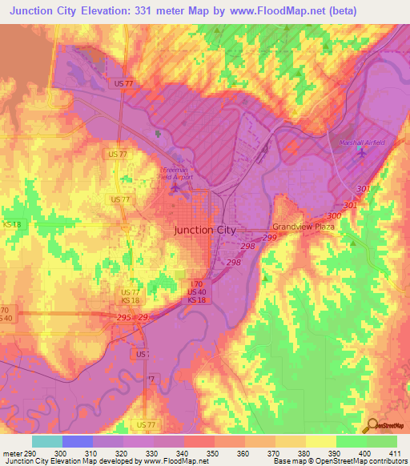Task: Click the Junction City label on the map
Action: tap(205, 230)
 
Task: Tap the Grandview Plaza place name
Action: tap(303, 227)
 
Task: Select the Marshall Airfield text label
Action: tap(362, 143)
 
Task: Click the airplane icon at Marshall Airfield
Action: tap(362, 153)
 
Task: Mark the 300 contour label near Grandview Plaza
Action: tap(333, 216)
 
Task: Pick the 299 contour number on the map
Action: tap(269, 238)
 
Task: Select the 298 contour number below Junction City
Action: tap(233, 263)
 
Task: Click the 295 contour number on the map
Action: tap(124, 318)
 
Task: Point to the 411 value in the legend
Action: tap(396, 453)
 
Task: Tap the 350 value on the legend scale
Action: tap(213, 453)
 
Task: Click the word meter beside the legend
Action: tap(10, 453)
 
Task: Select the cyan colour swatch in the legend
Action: tap(46, 441)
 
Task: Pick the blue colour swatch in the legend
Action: tap(77, 441)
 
